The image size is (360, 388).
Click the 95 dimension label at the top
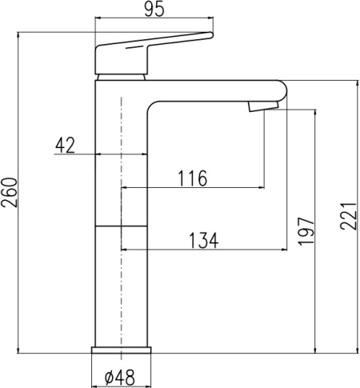coord(154,10)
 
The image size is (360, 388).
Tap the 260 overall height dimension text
coord(10,193)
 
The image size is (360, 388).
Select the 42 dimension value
coord(65,146)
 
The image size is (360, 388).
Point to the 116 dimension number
coord(192,178)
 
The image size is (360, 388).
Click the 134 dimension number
coord(204,241)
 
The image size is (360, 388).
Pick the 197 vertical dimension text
coord(306,231)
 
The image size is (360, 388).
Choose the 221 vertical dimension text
coord(348,216)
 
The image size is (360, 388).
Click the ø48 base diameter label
coord(120,378)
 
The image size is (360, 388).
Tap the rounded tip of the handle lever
coord(210,35)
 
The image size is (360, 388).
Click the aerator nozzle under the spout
coord(263,106)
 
